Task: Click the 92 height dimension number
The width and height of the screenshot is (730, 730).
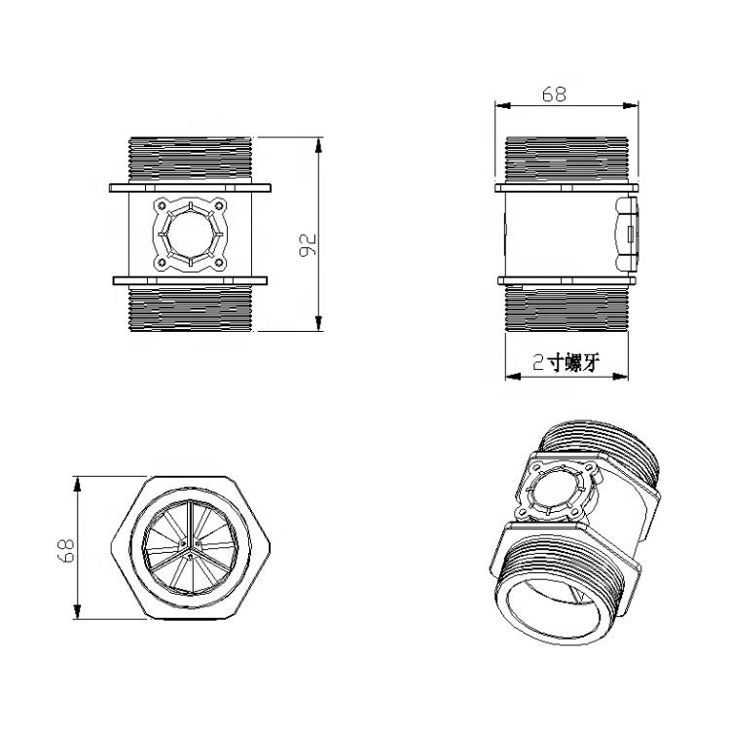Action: point(308,244)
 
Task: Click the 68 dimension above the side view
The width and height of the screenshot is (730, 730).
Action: point(554,94)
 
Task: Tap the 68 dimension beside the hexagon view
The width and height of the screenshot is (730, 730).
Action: point(66,551)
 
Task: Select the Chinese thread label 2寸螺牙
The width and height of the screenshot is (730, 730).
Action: point(566,362)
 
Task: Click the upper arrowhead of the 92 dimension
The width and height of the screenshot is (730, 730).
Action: point(318,145)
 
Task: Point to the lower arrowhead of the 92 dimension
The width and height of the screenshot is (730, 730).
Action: point(318,323)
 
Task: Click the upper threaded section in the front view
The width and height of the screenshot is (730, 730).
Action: point(190,160)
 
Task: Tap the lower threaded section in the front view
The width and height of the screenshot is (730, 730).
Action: point(190,309)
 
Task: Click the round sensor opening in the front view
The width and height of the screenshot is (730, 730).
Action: point(190,235)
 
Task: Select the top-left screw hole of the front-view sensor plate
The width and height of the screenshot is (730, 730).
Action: point(162,205)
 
